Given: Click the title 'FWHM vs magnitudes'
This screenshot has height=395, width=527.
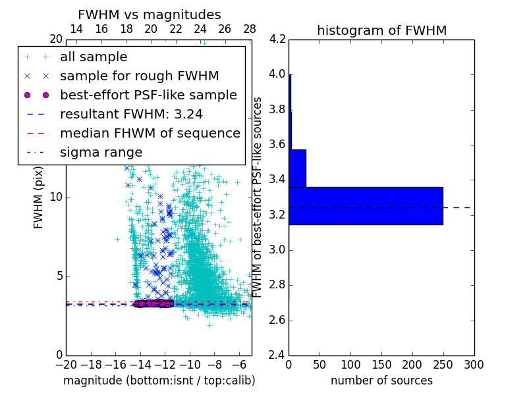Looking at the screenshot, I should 150,14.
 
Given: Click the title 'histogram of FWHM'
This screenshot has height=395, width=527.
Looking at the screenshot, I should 381,30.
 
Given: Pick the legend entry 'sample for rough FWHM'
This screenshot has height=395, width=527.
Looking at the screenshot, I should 140,76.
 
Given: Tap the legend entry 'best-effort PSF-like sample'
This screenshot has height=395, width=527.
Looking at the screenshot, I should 148,95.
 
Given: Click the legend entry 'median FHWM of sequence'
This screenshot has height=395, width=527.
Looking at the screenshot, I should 150,133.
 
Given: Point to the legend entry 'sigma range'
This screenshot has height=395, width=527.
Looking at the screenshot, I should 101,152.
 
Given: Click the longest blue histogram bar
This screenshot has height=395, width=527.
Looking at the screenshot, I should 366,205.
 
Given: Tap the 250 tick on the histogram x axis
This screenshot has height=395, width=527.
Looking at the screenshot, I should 443,364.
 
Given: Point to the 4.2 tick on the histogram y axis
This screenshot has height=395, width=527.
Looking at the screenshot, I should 277,39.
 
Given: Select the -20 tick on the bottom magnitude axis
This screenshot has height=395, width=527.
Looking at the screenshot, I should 66,364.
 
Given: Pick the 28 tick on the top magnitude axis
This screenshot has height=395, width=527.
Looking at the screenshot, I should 250,29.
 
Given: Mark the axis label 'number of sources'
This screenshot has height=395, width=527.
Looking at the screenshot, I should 381,381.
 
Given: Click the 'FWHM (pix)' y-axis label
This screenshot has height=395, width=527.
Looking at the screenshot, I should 39,197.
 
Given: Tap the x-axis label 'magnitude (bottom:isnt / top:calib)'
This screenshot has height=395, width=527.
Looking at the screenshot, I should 159,381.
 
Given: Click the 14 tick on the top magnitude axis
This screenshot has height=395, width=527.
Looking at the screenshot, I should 76,29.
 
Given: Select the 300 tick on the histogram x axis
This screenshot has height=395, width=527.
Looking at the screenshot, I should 474,364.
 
